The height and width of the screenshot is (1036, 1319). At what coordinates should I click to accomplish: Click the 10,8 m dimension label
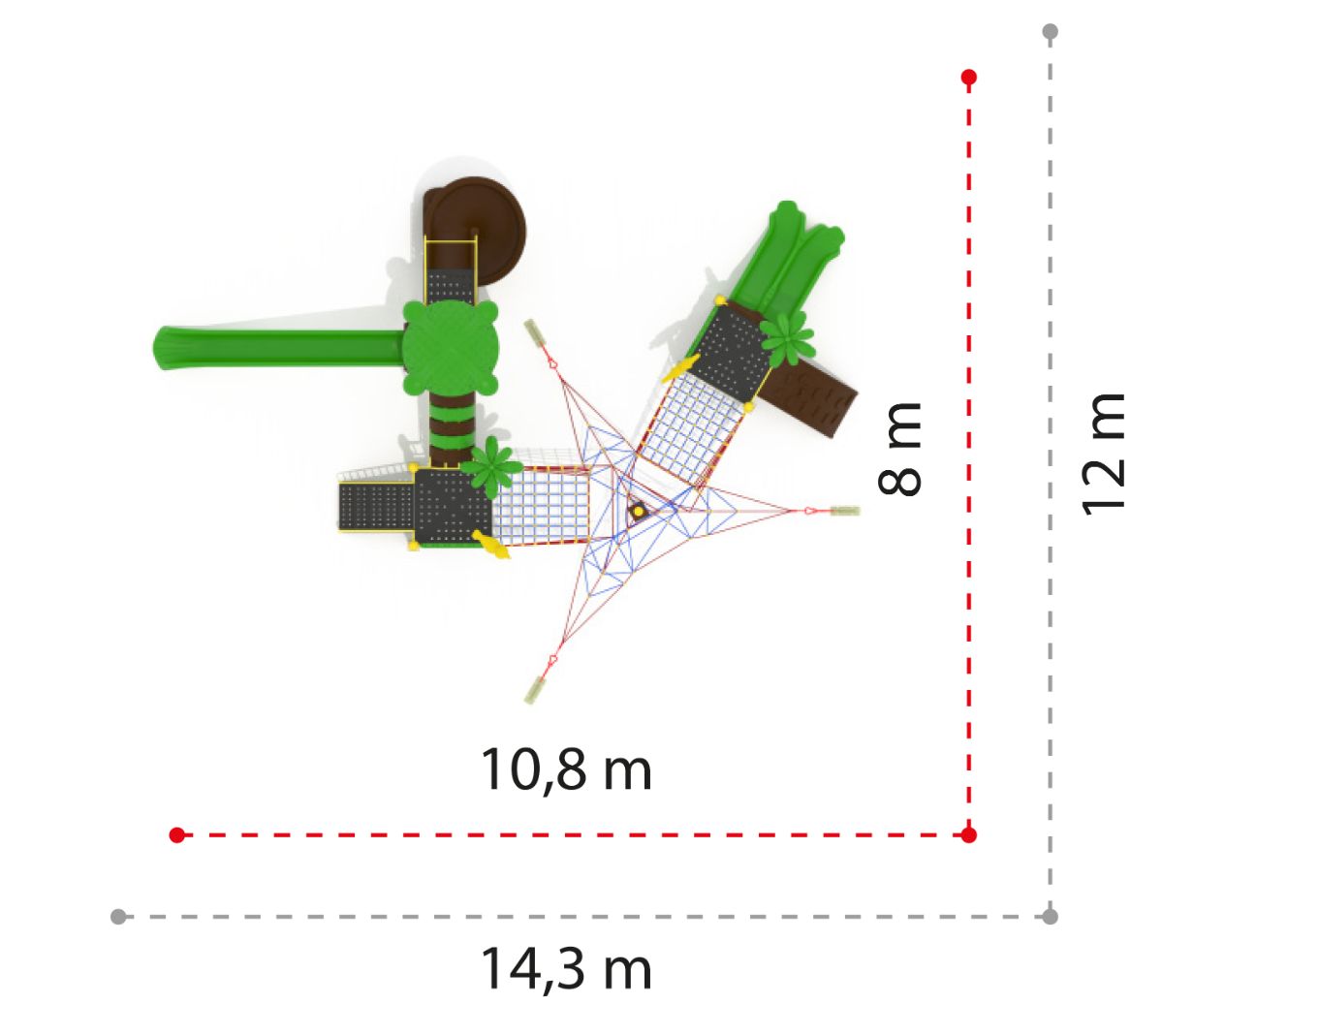(x=566, y=769)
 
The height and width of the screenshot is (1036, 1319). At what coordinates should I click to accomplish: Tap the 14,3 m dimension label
(x=566, y=968)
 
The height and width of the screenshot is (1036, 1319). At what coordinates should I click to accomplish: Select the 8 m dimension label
(x=899, y=449)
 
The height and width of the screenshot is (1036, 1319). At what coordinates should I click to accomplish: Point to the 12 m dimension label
(x=1104, y=455)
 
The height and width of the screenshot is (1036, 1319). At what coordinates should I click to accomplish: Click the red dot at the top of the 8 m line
(x=969, y=78)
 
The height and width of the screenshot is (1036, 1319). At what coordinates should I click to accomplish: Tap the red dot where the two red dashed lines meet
(x=969, y=835)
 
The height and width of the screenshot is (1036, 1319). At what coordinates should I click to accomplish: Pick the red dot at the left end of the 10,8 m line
(x=176, y=835)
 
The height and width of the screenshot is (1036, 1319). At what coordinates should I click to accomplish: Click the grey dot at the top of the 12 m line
(x=1051, y=31)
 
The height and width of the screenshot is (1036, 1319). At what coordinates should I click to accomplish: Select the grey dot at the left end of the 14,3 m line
(x=118, y=917)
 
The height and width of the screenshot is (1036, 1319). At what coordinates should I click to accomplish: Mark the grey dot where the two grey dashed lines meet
(x=1051, y=917)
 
